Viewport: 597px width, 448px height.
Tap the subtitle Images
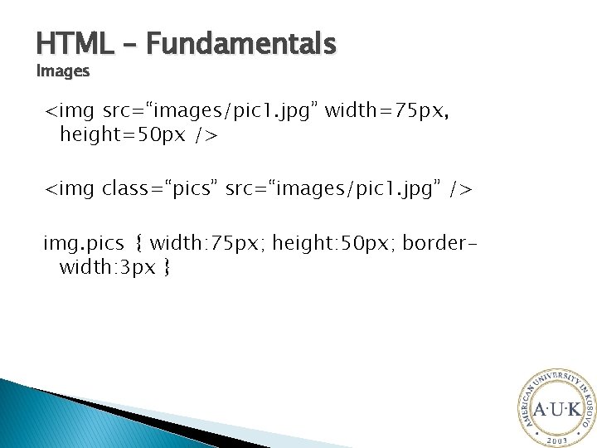(x=63, y=71)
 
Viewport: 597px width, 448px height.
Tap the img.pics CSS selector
(x=84, y=244)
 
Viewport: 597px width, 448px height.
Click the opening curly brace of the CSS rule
(x=138, y=245)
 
